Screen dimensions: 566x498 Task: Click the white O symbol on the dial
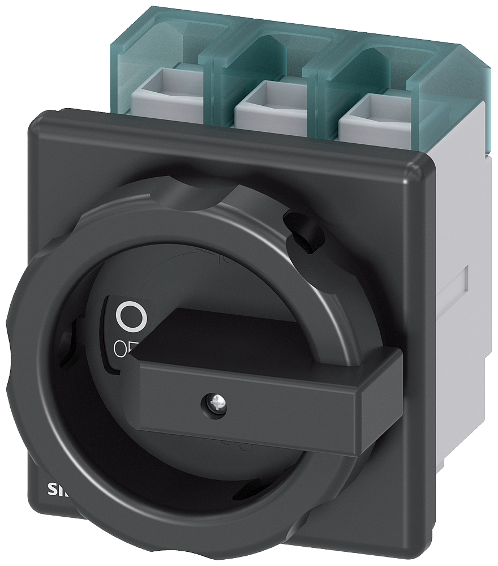pyautogui.click(x=131, y=317)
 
